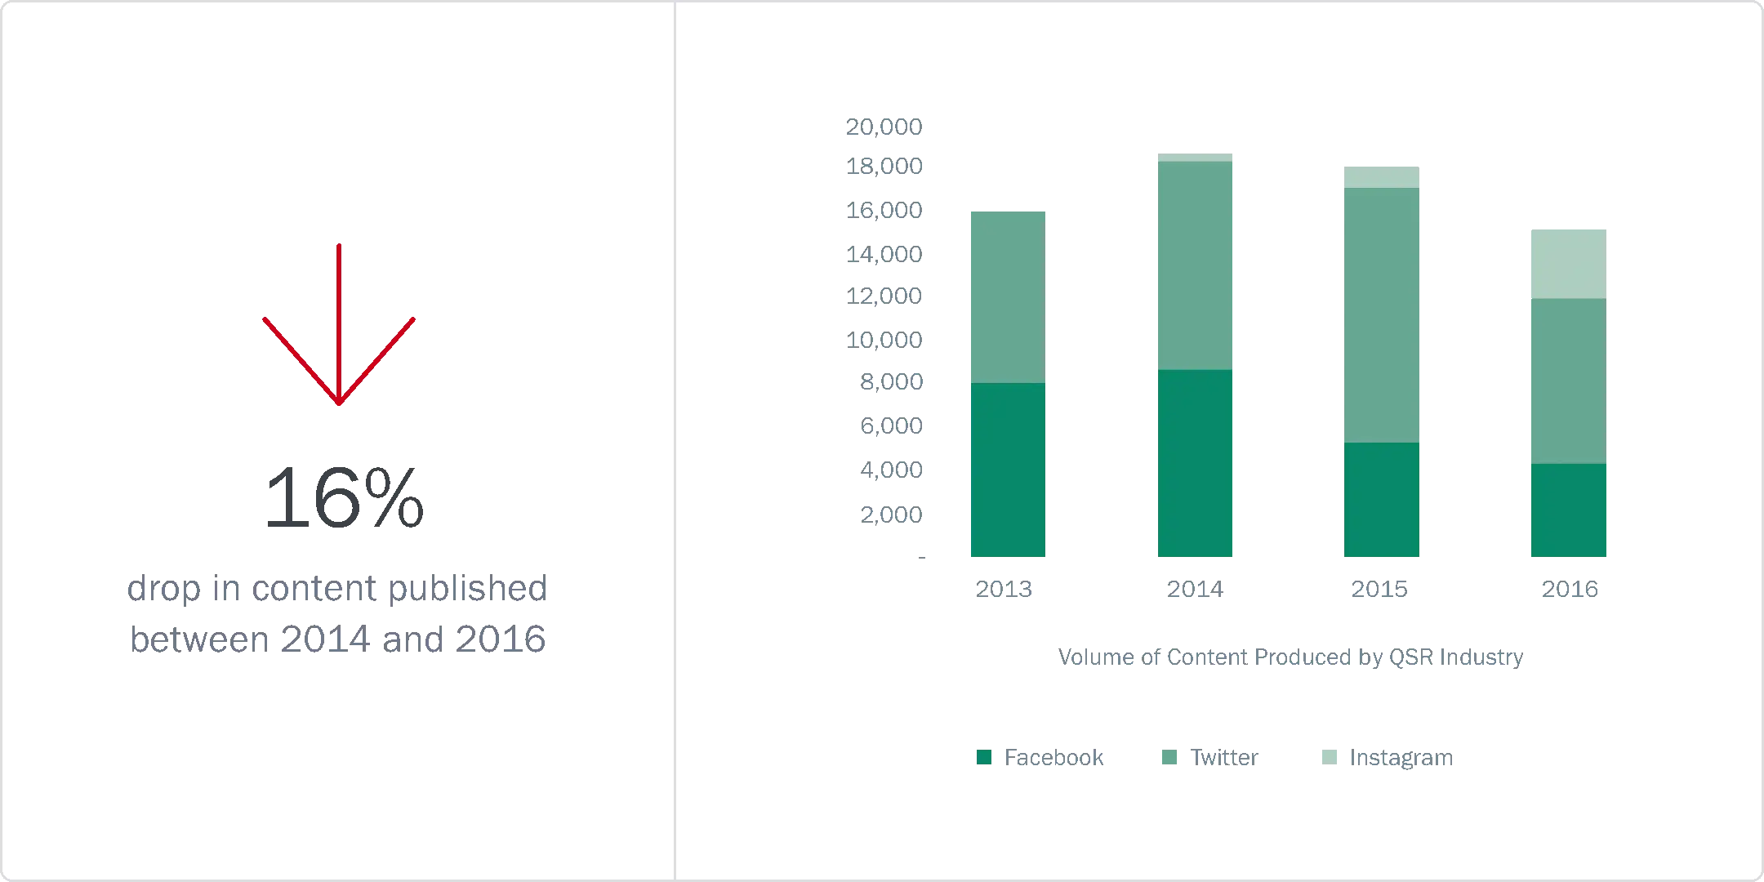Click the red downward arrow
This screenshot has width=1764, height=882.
(339, 327)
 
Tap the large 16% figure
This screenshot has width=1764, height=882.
(345, 498)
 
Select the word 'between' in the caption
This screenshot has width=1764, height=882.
(198, 639)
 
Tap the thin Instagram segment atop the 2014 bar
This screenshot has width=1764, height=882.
(1195, 156)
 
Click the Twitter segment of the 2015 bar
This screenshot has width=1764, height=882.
(1381, 315)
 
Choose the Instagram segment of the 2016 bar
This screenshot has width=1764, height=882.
(1567, 263)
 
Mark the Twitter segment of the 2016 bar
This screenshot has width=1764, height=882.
(1567, 381)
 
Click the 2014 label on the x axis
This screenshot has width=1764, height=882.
(1195, 590)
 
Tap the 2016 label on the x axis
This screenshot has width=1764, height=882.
(1570, 590)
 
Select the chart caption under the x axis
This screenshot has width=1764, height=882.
(1292, 657)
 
